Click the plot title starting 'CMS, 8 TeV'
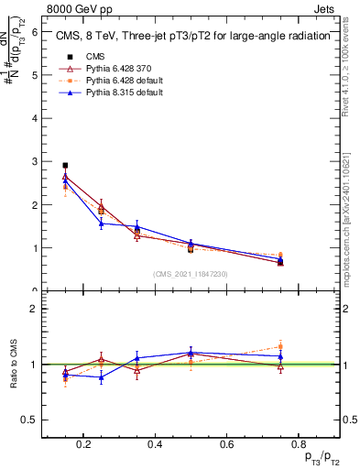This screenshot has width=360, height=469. point(184,37)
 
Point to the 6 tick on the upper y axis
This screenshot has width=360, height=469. point(36,31)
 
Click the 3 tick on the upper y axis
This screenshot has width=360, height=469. point(36,161)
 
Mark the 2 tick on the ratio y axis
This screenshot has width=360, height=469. point(36,309)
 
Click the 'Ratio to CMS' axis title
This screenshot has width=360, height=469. point(12,365)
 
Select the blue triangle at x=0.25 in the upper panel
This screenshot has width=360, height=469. point(101,224)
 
